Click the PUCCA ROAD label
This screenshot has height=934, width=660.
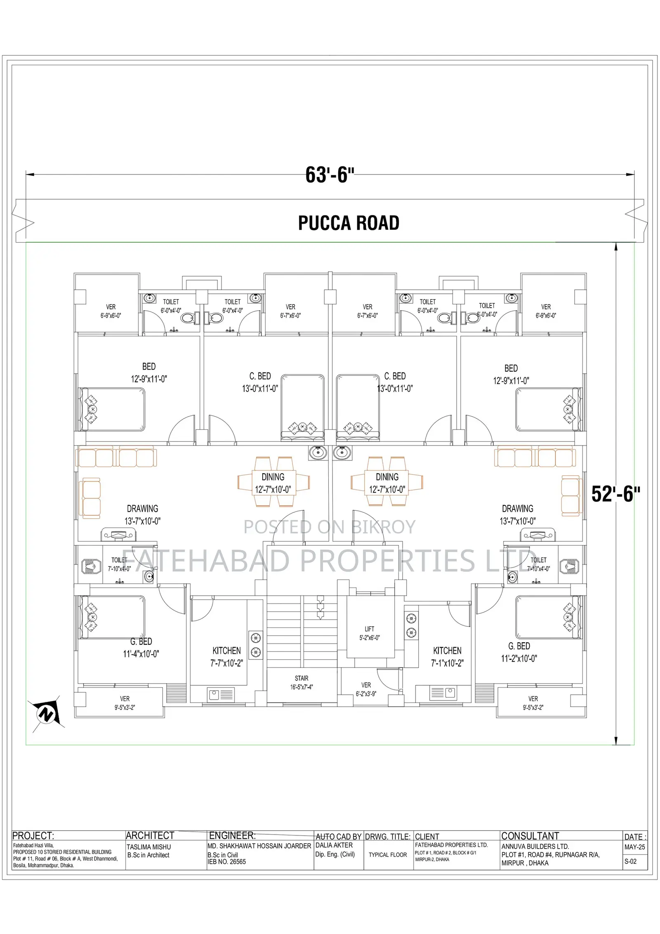pyautogui.click(x=349, y=223)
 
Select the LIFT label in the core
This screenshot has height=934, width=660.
pyautogui.click(x=369, y=629)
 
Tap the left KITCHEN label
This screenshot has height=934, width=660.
pyautogui.click(x=226, y=651)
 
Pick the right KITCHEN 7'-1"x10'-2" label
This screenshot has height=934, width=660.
pyautogui.click(x=447, y=657)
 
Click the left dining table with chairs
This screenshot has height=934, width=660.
pyautogui.click(x=273, y=481)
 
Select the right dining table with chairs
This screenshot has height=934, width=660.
pyautogui.click(x=387, y=481)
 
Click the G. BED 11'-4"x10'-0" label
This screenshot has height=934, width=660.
pyautogui.click(x=141, y=648)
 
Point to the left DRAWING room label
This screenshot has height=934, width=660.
pyautogui.click(x=142, y=509)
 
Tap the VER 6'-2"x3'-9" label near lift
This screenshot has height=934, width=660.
pyautogui.click(x=366, y=689)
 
